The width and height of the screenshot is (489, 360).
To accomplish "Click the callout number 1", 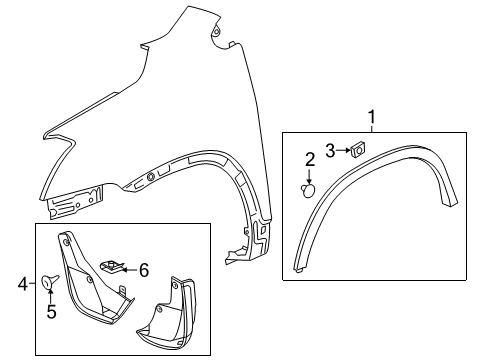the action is click(374, 120).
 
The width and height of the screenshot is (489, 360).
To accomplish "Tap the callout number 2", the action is click(310, 158).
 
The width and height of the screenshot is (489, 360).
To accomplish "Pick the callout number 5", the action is click(49, 311).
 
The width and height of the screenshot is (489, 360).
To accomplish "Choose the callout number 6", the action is click(143, 269).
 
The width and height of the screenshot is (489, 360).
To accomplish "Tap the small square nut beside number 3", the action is click(354, 150).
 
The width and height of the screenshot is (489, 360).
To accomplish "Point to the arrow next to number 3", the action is click(341, 151).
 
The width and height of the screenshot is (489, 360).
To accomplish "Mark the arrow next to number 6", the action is click(129, 269).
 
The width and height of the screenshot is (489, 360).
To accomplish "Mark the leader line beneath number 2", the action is click(310, 171).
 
